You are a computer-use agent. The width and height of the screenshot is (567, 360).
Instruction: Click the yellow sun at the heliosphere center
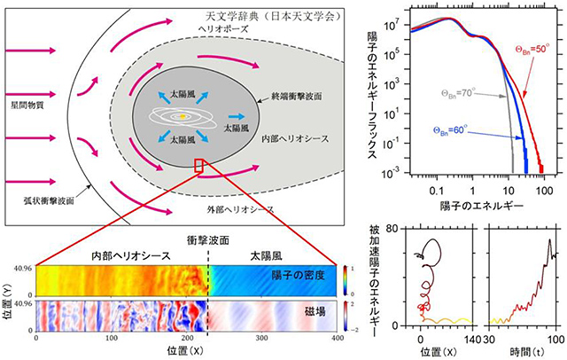click(183, 115)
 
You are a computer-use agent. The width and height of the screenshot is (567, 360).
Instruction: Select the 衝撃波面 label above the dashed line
click(208, 239)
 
